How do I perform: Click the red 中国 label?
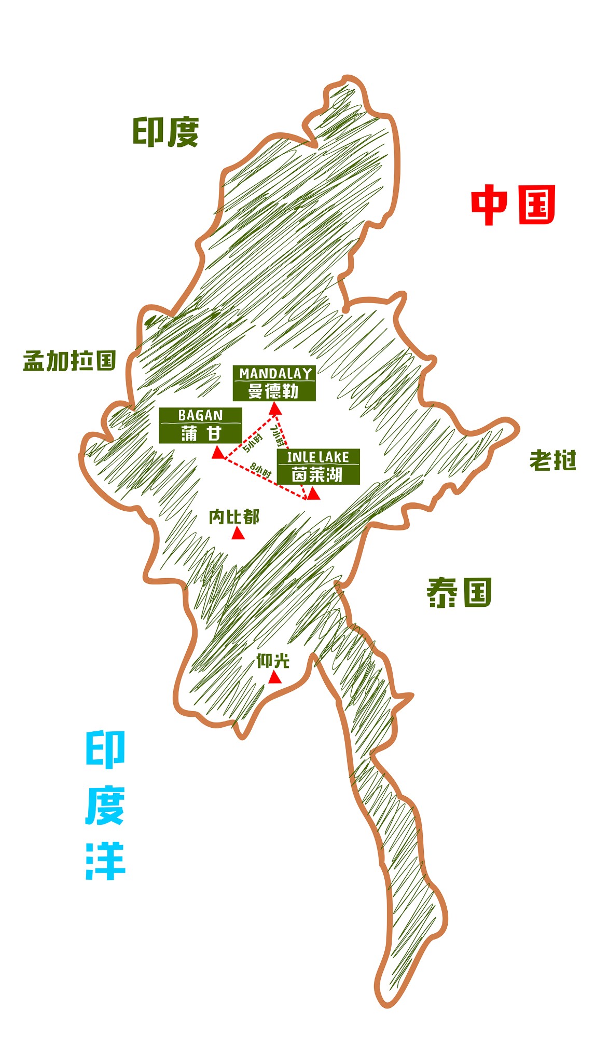[513, 205]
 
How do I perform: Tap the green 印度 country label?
[165, 132]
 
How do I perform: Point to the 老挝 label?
[552, 460]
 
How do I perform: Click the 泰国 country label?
[459, 593]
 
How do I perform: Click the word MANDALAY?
[275, 374]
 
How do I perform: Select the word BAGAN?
[200, 415]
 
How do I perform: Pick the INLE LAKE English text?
[318, 457]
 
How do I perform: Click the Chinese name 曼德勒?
[274, 391]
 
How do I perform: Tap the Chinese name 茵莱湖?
[317, 474]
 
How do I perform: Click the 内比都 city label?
[234, 516]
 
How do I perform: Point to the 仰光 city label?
[273, 661]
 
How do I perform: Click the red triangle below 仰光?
[274, 678]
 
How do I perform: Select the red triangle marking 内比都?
[238, 534]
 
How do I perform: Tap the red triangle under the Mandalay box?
[275, 410]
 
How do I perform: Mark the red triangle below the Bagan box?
[218, 453]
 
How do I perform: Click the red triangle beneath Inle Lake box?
[313, 494]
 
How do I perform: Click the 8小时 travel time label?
[261, 470]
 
